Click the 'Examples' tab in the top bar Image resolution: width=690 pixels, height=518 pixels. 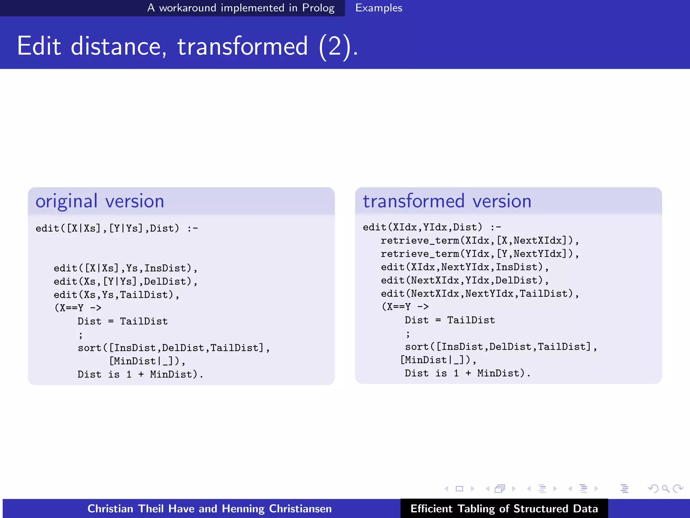pyautogui.click(x=379, y=8)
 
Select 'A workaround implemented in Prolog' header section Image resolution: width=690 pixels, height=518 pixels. pyautogui.click(x=241, y=8)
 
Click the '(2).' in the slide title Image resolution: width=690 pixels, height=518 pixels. pyautogui.click(x=338, y=46)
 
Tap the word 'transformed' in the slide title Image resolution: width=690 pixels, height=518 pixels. pyautogui.click(x=243, y=46)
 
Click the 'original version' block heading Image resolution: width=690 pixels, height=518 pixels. pyautogui.click(x=100, y=201)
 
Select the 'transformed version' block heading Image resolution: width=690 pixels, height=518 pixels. pyautogui.click(x=447, y=201)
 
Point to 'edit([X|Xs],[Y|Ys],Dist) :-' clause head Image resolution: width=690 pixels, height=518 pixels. pyautogui.click(x=117, y=229)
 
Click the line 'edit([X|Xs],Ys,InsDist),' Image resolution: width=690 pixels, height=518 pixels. pyautogui.click(x=125, y=268)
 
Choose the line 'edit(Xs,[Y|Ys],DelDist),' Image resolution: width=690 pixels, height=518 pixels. pyautogui.click(x=125, y=282)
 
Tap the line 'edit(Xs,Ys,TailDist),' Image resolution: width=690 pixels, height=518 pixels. pyautogui.click(x=117, y=295)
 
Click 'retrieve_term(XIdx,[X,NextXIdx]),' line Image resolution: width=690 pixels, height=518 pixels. pyautogui.click(x=480, y=241)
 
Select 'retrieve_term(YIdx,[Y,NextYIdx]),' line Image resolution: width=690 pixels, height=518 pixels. pyautogui.click(x=480, y=254)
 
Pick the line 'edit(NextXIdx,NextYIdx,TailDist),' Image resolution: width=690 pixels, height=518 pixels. pyautogui.click(x=480, y=294)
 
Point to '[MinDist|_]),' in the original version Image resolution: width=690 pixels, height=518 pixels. pyautogui.click(x=147, y=361)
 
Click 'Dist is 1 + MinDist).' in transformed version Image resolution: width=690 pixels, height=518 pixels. pyautogui.click(x=468, y=373)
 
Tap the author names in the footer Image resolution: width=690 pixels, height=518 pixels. pyautogui.click(x=210, y=509)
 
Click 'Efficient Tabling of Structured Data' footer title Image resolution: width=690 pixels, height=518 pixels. pyautogui.click(x=504, y=509)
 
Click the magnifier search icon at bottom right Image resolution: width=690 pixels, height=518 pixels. pyautogui.click(x=665, y=488)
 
